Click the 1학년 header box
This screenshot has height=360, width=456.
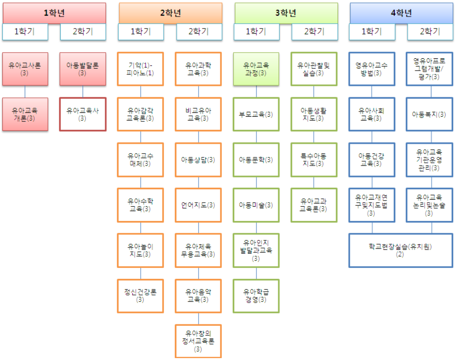pos(54,13)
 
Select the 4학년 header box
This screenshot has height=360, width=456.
pos(401,13)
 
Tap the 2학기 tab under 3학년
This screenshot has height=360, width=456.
pos(314,32)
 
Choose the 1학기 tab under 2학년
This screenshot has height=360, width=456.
pos(141,32)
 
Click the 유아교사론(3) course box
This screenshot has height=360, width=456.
pos(25,69)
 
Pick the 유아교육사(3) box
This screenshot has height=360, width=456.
pos(83,114)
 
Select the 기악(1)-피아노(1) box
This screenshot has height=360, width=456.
pos(140,69)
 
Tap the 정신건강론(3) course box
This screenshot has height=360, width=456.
pos(140,295)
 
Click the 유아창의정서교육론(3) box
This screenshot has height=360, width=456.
pos(198,341)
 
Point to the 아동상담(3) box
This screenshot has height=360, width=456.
pos(198,160)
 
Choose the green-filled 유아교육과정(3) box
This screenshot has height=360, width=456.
pos(256,69)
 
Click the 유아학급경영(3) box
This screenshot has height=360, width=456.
pos(256,295)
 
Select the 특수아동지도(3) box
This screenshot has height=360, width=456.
pos(314,160)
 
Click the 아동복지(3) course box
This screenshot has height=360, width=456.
pos(429,114)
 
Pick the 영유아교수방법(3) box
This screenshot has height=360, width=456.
pos(372,69)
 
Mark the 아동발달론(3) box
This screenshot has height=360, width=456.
pos(83,69)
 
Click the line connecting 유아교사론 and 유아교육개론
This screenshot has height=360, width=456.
pos(25,92)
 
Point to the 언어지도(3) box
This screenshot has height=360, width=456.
pos(198,205)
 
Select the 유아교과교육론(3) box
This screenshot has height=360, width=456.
pos(314,205)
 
